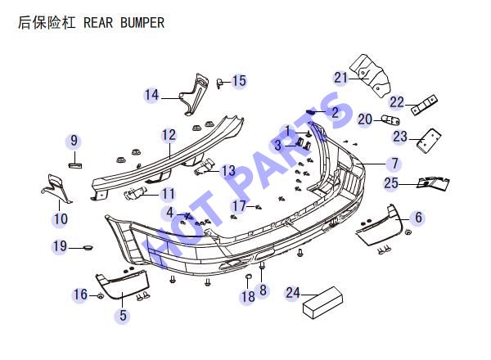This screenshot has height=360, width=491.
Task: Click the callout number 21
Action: (x=341, y=78)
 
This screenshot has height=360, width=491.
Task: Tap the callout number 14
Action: (x=151, y=95)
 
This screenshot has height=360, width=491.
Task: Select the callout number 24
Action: (x=293, y=293)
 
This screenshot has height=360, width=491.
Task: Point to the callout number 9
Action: (x=74, y=141)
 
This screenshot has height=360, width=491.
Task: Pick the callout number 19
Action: (x=60, y=246)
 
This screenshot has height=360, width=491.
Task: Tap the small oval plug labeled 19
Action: (x=88, y=248)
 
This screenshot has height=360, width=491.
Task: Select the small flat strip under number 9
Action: (x=75, y=165)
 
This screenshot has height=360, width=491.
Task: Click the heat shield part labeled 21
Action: (x=371, y=75)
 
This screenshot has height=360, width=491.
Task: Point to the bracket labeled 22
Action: (x=424, y=105)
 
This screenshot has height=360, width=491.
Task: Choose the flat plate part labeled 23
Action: (x=429, y=141)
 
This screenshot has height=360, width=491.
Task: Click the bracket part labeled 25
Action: (x=434, y=183)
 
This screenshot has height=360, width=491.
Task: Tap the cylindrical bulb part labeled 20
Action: (x=390, y=120)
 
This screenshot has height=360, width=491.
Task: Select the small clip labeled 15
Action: (x=219, y=83)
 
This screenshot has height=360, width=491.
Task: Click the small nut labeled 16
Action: (x=100, y=296)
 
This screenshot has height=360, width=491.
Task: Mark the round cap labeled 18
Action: (x=248, y=277)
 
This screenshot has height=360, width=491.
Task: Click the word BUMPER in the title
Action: (x=142, y=23)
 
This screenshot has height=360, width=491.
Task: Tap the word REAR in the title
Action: (x=98, y=23)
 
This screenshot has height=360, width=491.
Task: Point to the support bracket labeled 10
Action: (x=56, y=188)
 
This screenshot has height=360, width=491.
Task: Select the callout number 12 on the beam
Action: (x=169, y=135)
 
